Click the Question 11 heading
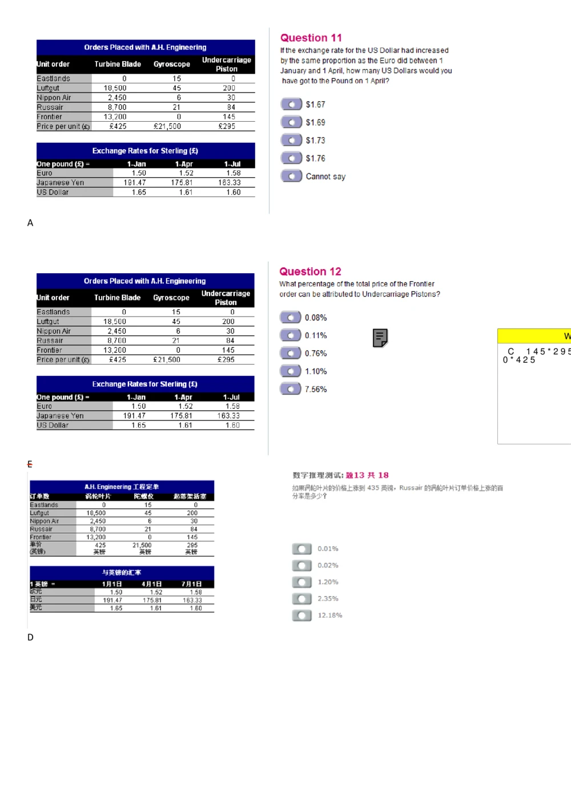click(311, 38)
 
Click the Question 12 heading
click(310, 271)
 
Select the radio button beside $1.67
click(291, 104)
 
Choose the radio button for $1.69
click(291, 122)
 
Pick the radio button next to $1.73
click(291, 140)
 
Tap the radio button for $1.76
click(291, 158)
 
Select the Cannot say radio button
click(291, 176)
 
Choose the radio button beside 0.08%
click(290, 317)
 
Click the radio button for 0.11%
click(290, 335)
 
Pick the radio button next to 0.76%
click(290, 353)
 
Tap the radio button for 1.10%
click(290, 371)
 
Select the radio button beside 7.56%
click(290, 389)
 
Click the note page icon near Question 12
click(380, 338)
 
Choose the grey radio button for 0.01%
click(301, 549)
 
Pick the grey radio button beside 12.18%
click(301, 615)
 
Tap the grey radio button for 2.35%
click(301, 599)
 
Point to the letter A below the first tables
click(30, 223)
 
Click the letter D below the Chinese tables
click(30, 637)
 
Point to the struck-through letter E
click(30, 464)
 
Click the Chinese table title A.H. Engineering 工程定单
click(122, 487)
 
